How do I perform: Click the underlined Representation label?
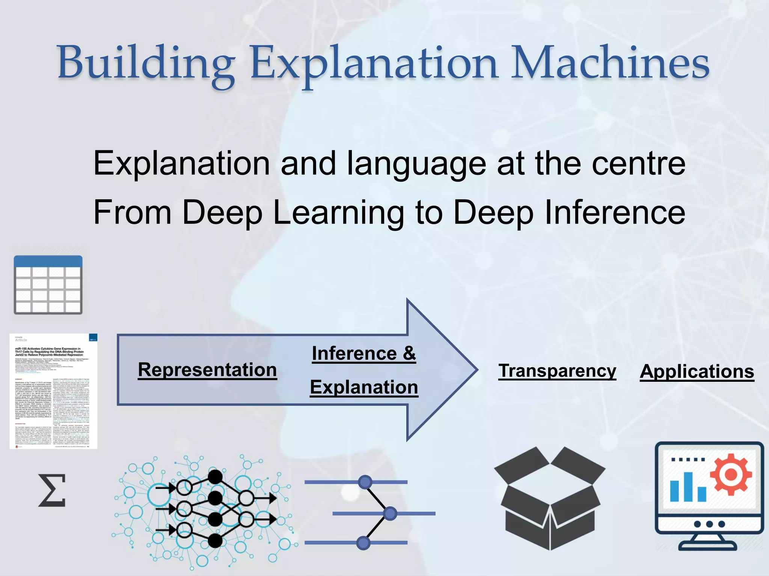(x=207, y=370)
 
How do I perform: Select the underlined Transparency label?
(x=557, y=371)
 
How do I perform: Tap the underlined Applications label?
(x=697, y=372)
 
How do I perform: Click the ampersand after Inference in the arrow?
(x=409, y=353)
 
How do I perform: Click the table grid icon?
(x=48, y=285)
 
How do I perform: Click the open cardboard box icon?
(x=550, y=499)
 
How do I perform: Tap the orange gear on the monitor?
(x=731, y=475)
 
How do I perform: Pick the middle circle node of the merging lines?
(x=390, y=513)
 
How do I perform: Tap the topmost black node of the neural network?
(x=215, y=477)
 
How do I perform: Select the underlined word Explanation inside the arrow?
(x=364, y=387)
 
